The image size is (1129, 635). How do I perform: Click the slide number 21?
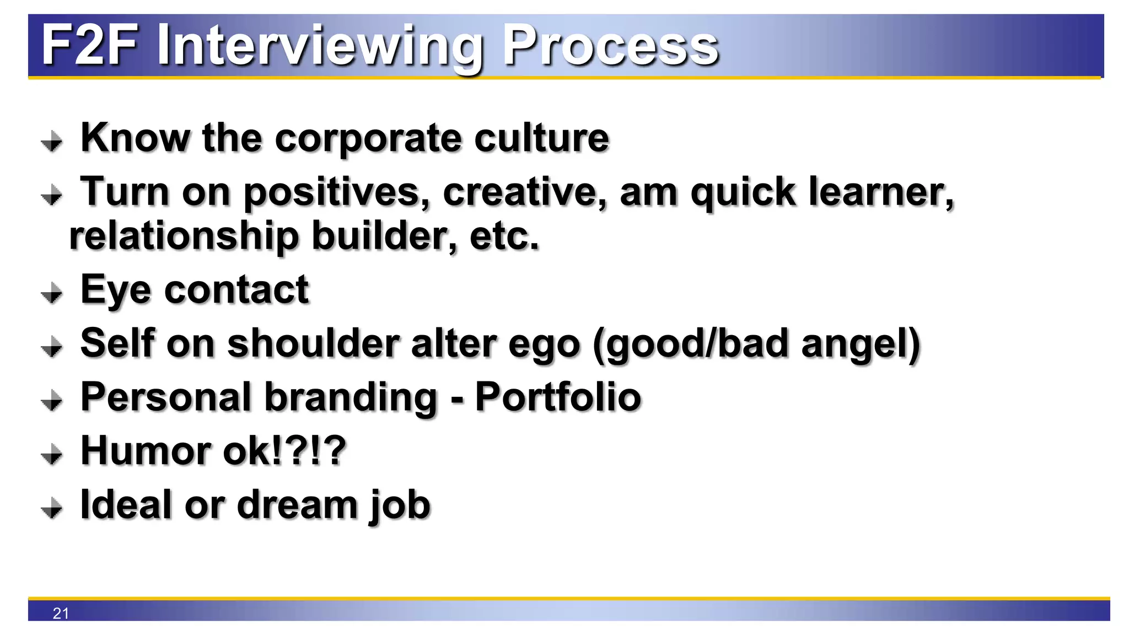pos(61,613)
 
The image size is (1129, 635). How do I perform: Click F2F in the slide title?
pos(89,45)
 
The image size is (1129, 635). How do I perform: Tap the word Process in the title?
pos(610,45)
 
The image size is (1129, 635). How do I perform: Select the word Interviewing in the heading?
pos(320,47)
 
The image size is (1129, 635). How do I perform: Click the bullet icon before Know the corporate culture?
pos(52,141)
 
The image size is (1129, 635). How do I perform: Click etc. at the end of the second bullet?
pos(504,236)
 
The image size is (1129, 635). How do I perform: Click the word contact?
pos(236,289)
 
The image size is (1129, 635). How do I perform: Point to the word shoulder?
pos(313,343)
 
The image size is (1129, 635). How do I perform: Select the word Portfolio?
pos(558,397)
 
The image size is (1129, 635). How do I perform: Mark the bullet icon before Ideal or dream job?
pos(52,508)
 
